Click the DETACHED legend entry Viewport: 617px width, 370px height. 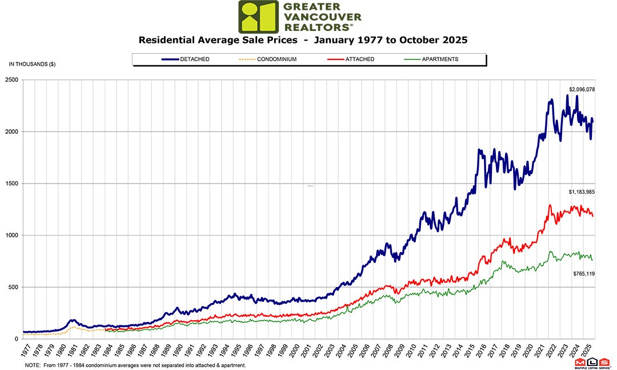tap(186, 59)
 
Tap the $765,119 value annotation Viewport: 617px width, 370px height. tap(584, 274)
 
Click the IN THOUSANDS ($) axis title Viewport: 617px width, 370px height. tap(32, 64)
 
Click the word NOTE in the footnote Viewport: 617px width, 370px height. tap(33, 365)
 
